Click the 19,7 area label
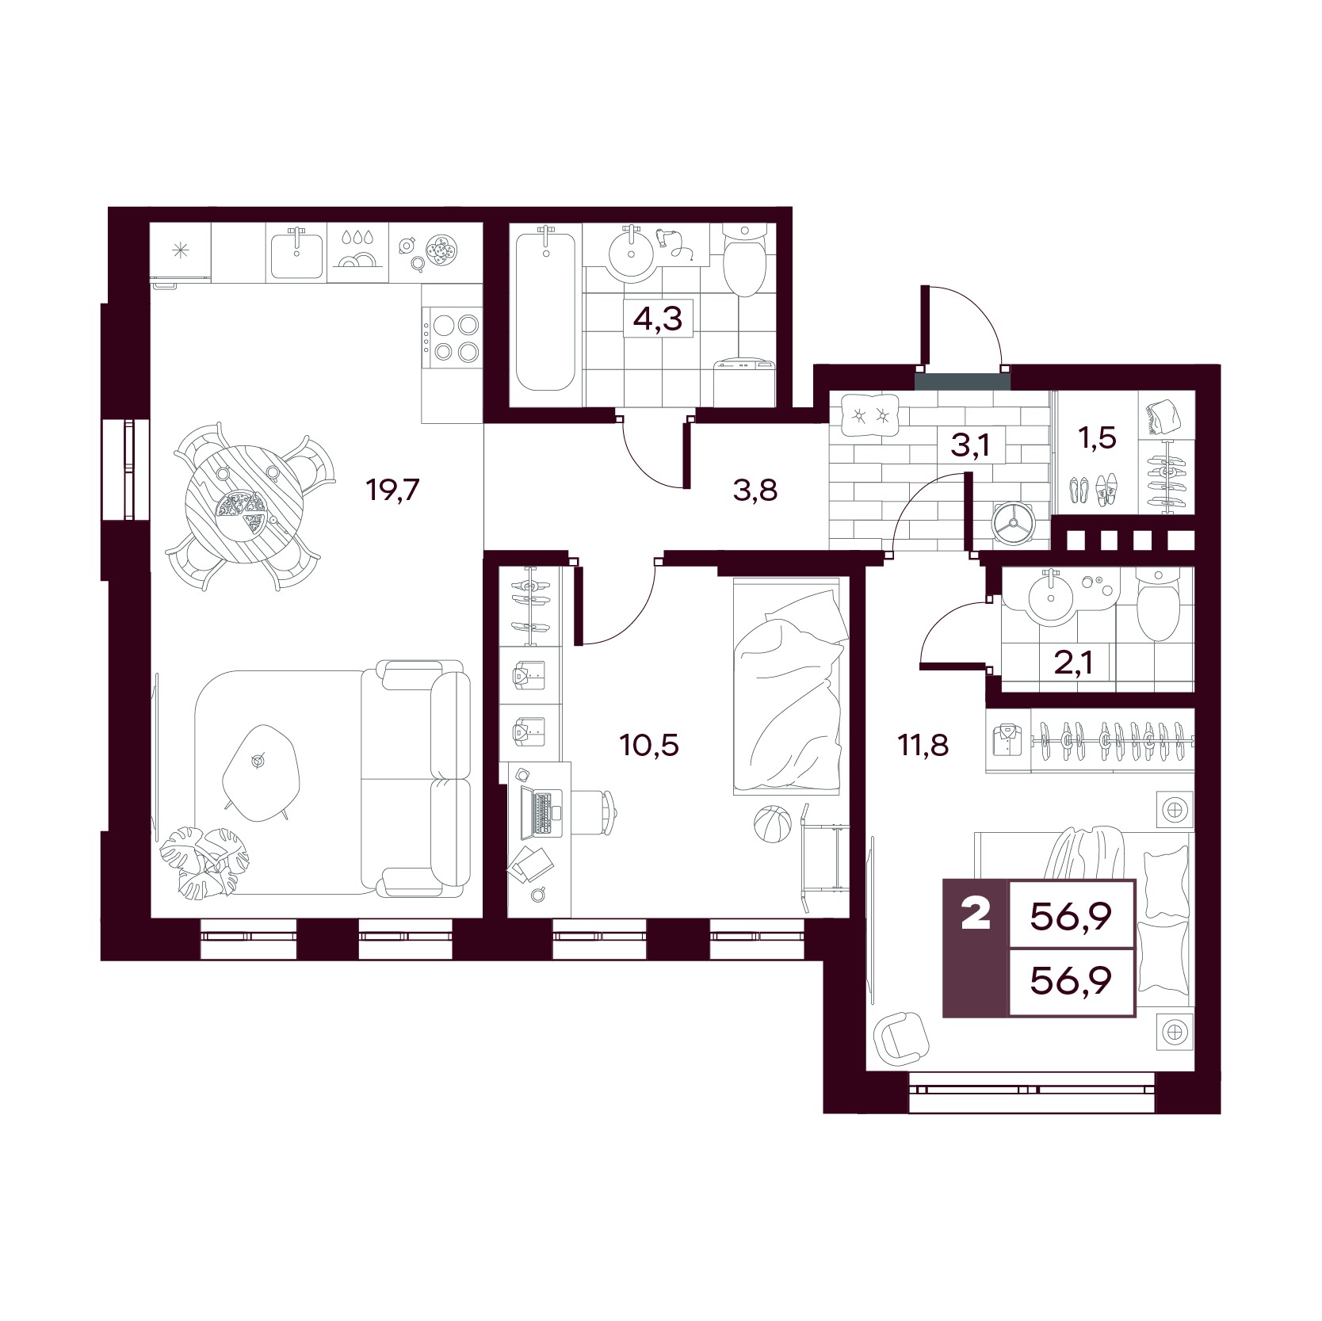pyautogui.click(x=392, y=490)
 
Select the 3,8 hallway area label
pyautogui.click(x=755, y=491)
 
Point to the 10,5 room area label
pyautogui.click(x=649, y=745)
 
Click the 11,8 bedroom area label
pyautogui.click(x=923, y=745)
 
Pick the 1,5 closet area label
pyautogui.click(x=1098, y=437)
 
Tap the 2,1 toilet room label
pyautogui.click(x=1074, y=662)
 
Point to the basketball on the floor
pyautogui.click(x=773, y=825)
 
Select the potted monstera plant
pyautogui.click(x=204, y=862)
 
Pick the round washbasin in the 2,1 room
pyautogui.click(x=1052, y=596)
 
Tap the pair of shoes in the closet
pyautogui.click(x=1092, y=490)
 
